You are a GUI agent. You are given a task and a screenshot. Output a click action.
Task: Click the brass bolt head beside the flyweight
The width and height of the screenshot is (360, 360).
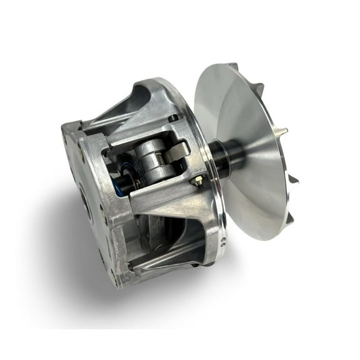click(196, 181)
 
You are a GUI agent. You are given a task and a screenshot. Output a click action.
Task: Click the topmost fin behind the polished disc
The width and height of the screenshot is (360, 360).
click(232, 67)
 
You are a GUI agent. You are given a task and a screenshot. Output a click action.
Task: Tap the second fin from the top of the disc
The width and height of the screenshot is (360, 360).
click(256, 87)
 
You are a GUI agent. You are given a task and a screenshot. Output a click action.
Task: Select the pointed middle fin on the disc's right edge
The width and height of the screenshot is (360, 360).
click(283, 131)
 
